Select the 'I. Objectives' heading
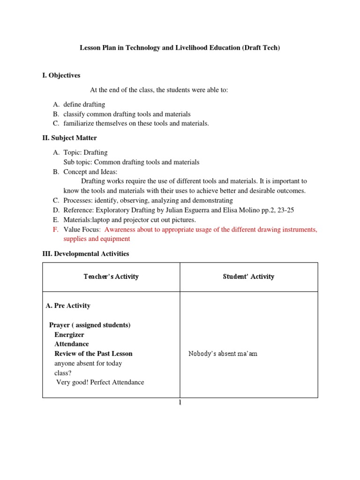pyautogui.click(x=61, y=75)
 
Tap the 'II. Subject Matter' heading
pyautogui.click(x=70, y=138)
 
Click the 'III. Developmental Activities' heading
pyautogui.click(x=86, y=254)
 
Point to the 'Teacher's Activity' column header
pyautogui.click(x=111, y=277)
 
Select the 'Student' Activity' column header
pyautogui.click(x=248, y=277)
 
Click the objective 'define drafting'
pyautogui.click(x=84, y=105)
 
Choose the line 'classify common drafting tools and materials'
pyautogui.click(x=127, y=114)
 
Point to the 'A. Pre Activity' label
pyautogui.click(x=68, y=306)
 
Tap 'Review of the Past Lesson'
pyautogui.click(x=93, y=353)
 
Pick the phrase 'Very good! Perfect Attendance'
pyautogui.click(x=100, y=382)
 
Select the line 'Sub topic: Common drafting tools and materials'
pyautogui.click(x=131, y=162)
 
